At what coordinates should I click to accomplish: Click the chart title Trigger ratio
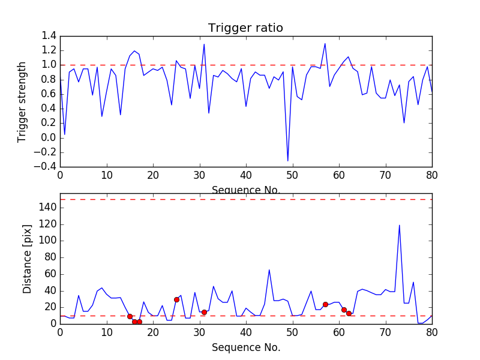pos(245,28)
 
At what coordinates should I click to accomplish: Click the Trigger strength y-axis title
pos(22,101)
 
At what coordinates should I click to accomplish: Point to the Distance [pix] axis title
pos(28,262)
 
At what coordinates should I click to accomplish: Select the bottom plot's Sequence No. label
pos(245,347)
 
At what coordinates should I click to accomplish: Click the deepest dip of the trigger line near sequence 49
pos(288,161)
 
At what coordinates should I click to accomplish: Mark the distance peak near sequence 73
pos(400,225)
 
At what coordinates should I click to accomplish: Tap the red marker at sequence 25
pos(176,299)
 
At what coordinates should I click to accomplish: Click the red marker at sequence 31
pos(204,312)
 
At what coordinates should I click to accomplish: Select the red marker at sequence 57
pos(325,304)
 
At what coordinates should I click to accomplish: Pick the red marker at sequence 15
pos(130,316)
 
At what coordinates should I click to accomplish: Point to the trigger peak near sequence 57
pos(325,43)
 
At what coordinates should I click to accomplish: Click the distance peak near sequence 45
pos(269,269)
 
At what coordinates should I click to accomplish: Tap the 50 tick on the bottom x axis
pos(292,332)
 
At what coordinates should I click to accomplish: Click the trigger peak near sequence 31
pos(204,44)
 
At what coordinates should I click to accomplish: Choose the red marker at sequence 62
pos(349,313)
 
